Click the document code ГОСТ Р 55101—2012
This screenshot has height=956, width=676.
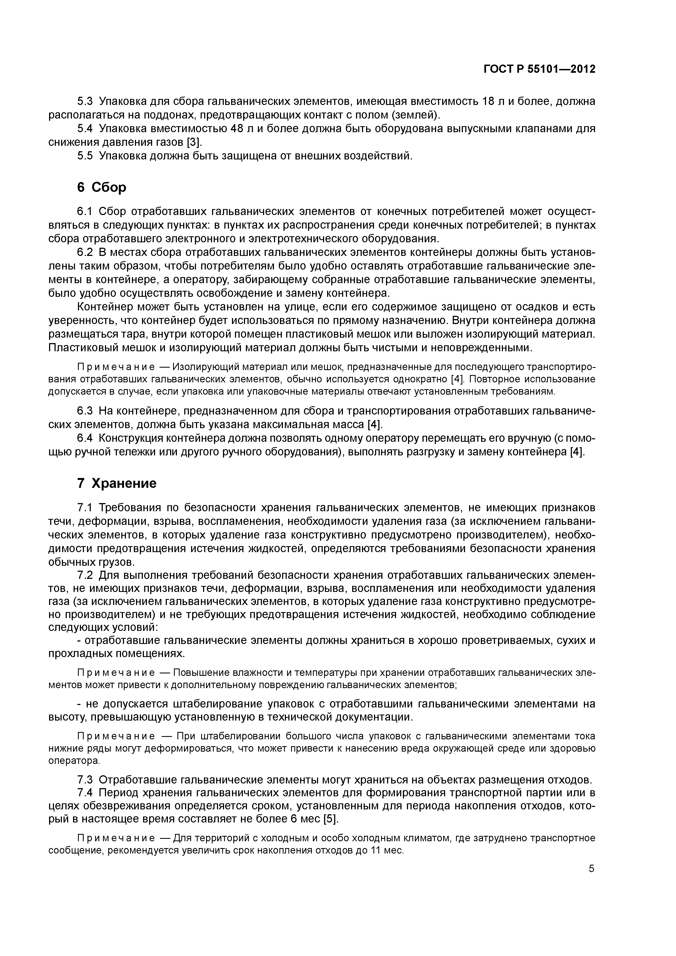(x=539, y=69)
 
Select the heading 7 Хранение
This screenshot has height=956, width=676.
(x=117, y=483)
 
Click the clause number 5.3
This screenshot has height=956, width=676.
(x=85, y=101)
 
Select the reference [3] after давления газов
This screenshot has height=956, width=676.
(x=194, y=143)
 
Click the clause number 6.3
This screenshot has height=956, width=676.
(x=85, y=411)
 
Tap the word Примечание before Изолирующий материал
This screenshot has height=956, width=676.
(x=116, y=367)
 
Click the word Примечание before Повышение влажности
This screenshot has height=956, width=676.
(x=116, y=673)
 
